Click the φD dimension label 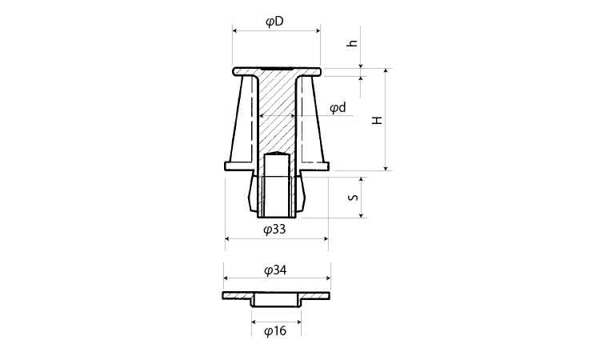274,22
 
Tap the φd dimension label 338,108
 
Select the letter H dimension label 378,120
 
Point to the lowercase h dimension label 353,43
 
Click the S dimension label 354,198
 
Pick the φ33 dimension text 274,230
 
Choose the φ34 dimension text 275,271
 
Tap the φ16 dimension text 275,330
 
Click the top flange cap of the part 277,71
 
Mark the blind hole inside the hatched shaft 278,184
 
